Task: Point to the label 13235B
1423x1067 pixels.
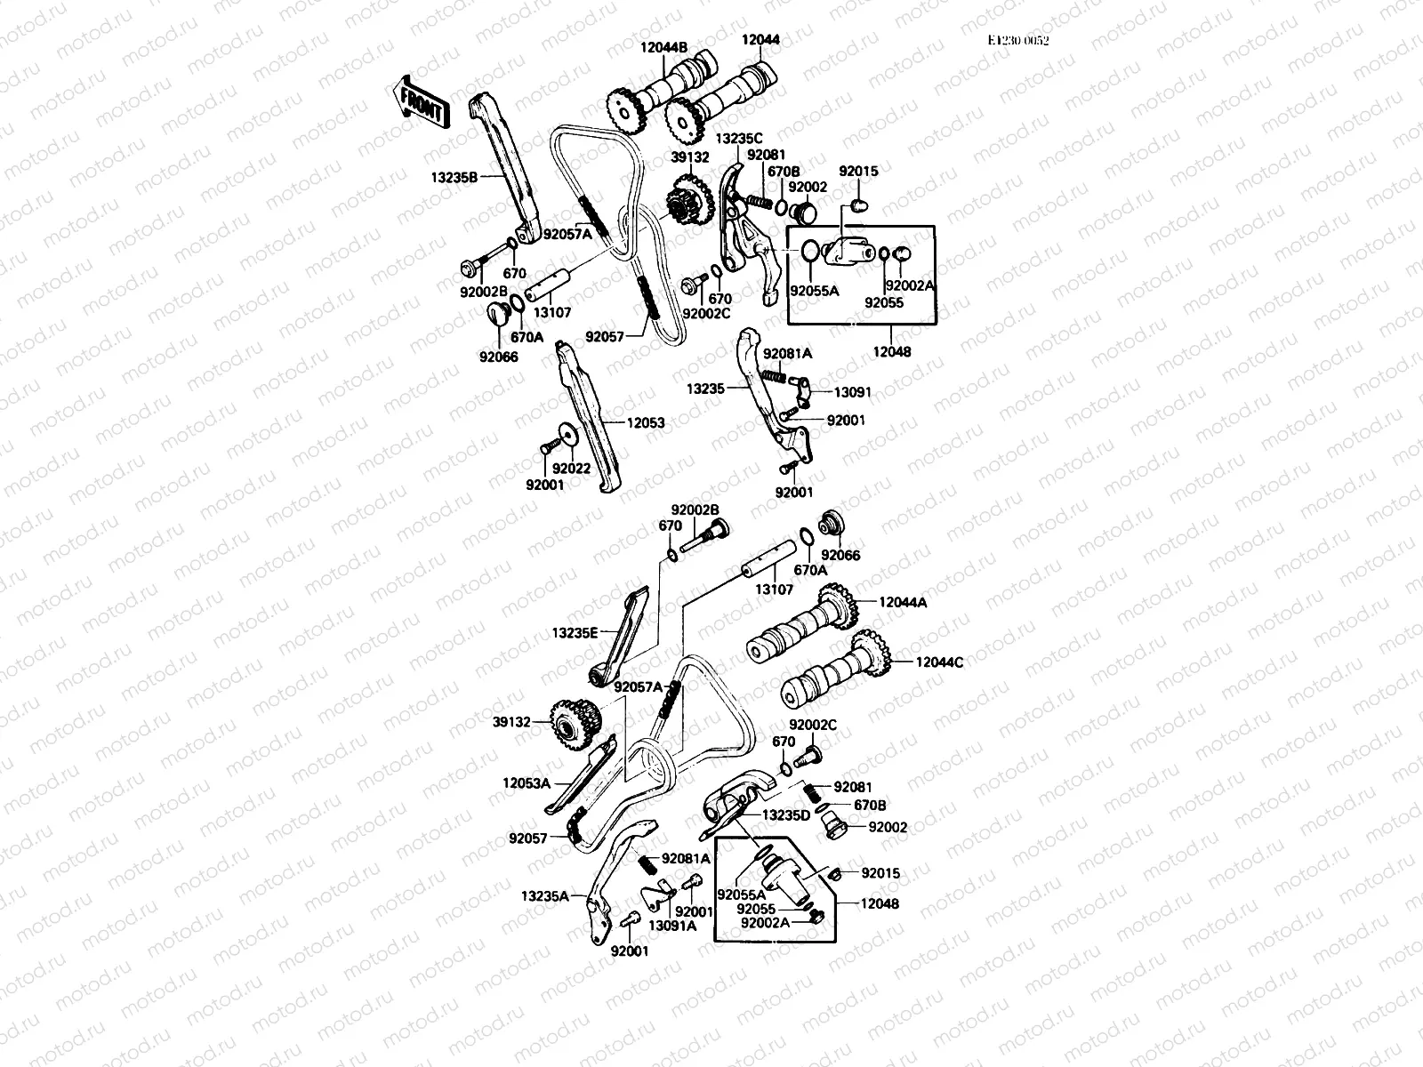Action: (x=454, y=177)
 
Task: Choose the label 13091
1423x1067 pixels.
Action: (x=852, y=391)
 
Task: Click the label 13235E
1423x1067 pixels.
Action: (x=575, y=633)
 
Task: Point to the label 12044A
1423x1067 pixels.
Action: (x=903, y=602)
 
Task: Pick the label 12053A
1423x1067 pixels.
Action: (x=527, y=783)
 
